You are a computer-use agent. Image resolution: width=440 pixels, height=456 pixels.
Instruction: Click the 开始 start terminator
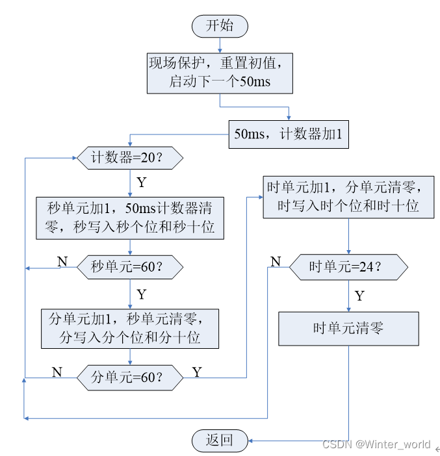(x=220, y=26)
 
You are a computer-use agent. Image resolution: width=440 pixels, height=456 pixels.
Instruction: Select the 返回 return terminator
(x=220, y=440)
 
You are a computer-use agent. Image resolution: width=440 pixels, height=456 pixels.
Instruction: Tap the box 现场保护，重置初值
(x=220, y=73)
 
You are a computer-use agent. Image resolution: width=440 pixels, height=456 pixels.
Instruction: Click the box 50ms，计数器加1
(x=289, y=135)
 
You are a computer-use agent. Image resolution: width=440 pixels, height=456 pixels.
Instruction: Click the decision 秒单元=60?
(x=130, y=267)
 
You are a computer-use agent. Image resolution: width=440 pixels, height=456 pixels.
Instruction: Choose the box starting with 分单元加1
(x=130, y=329)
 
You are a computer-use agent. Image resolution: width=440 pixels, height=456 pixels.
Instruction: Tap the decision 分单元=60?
(x=130, y=376)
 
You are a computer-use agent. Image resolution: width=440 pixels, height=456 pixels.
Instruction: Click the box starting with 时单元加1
(x=348, y=197)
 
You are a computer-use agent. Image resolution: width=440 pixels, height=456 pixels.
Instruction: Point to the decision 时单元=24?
(x=348, y=266)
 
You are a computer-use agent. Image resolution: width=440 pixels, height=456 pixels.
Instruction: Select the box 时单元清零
(x=348, y=329)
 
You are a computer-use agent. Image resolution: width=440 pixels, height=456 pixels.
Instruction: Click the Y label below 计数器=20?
(x=142, y=182)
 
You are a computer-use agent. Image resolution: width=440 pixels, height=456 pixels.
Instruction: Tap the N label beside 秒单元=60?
(x=62, y=261)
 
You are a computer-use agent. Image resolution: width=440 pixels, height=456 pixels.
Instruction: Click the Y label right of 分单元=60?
(x=198, y=372)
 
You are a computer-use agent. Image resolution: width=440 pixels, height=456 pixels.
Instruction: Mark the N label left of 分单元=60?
(x=57, y=372)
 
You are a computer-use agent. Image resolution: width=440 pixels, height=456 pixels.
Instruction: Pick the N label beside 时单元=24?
(x=276, y=261)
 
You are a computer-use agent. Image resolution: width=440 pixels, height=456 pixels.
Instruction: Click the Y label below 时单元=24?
(x=359, y=296)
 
